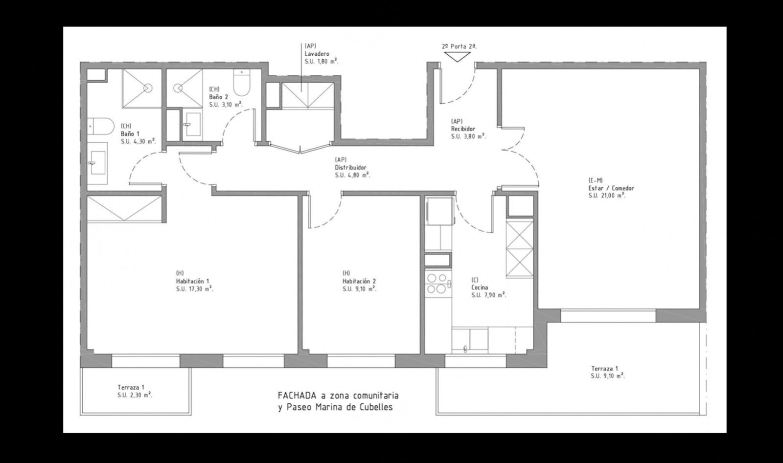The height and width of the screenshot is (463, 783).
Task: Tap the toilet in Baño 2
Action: (x=241, y=84)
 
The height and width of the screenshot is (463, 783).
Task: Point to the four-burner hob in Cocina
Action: (x=437, y=284)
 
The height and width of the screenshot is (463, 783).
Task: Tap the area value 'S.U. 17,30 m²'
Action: (x=194, y=289)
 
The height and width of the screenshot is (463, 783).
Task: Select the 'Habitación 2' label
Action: (x=359, y=281)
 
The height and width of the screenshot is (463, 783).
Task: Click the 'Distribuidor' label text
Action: (x=350, y=167)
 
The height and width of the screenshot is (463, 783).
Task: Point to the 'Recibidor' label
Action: (x=463, y=129)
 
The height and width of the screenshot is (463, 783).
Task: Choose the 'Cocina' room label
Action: (x=480, y=287)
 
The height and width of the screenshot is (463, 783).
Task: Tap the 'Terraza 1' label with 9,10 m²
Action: (x=604, y=369)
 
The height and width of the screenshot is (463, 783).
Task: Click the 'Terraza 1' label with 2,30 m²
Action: (x=131, y=386)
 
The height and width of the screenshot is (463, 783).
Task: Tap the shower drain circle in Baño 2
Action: (x=178, y=88)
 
